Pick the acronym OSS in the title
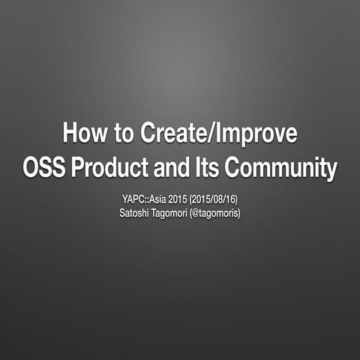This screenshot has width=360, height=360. click(x=45, y=167)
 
